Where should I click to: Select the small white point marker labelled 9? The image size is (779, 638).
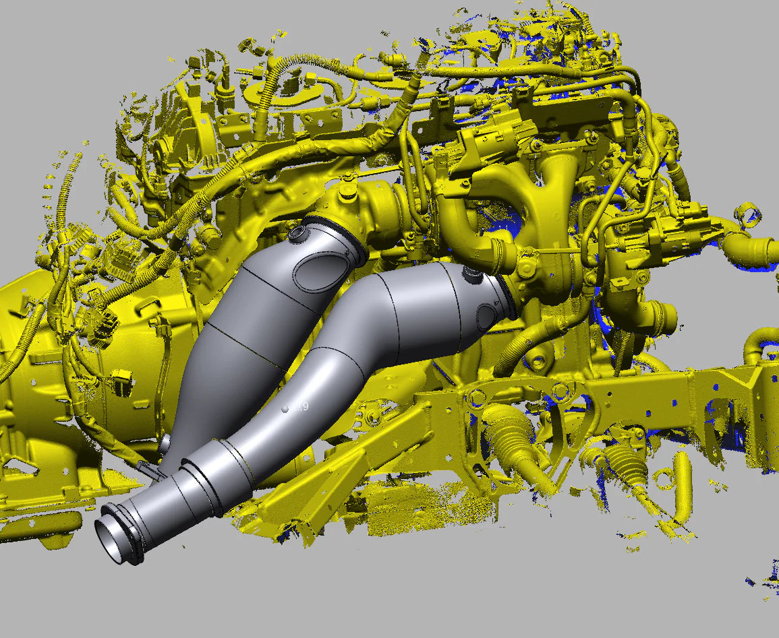pyautogui.click(x=285, y=408)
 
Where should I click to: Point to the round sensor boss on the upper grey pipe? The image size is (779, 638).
pyautogui.click(x=297, y=234)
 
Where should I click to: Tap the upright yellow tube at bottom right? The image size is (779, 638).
pyautogui.click(x=683, y=485)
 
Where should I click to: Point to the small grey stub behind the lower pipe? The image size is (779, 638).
pyautogui.click(x=164, y=445)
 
